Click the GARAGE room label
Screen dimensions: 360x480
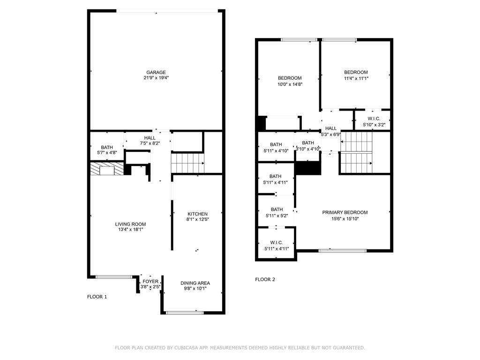156,72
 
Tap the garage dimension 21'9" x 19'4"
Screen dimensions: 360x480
156,78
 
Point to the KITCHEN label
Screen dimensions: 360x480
197,214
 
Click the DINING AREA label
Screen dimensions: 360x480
195,283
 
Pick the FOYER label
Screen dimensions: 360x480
150,281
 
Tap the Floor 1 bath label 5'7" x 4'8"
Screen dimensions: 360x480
107,153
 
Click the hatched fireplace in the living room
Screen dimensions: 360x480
107,169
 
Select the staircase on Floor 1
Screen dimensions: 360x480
187,164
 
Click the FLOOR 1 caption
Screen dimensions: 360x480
97,297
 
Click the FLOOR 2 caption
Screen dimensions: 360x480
265,279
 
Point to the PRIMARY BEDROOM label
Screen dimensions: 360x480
345,212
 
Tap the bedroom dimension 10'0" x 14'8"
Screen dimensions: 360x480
290,84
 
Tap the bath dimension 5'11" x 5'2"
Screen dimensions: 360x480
276,216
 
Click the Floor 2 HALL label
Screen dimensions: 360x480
331,128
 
